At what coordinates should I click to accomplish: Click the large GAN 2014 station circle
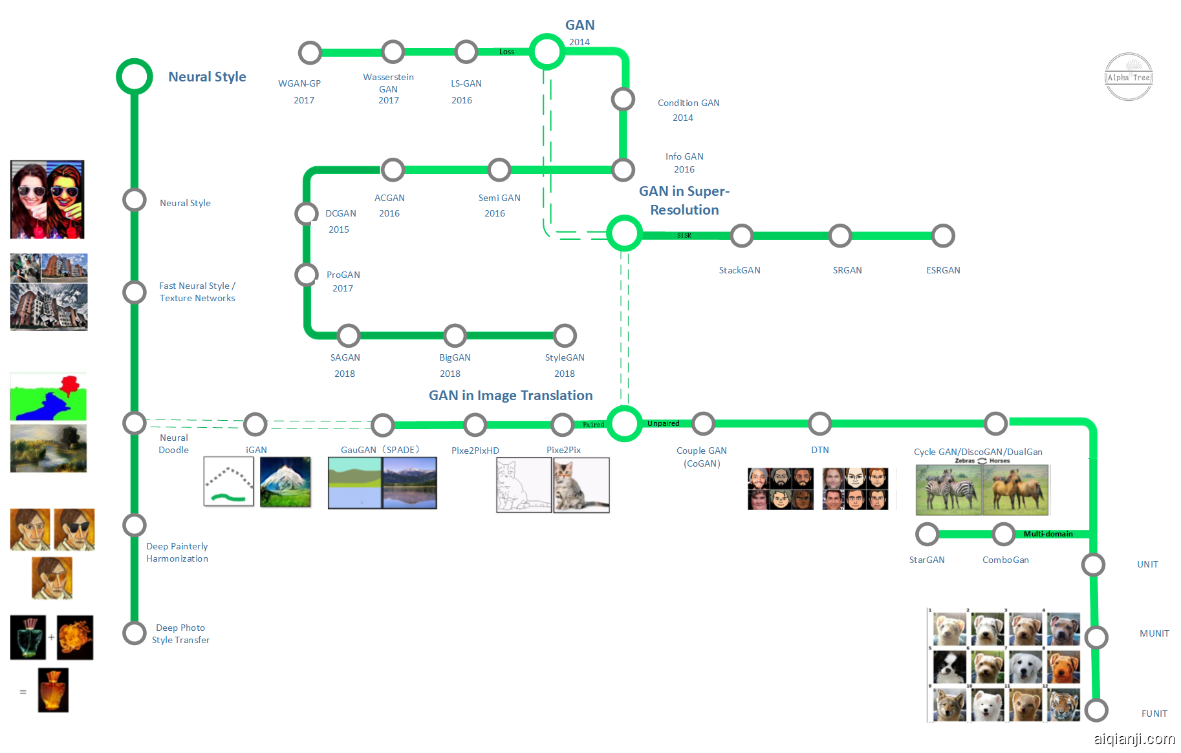[547, 52]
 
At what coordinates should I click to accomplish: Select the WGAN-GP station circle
[310, 52]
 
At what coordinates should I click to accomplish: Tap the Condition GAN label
[688, 103]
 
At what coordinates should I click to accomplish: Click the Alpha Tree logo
[1129, 77]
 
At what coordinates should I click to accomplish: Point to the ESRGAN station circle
[942, 236]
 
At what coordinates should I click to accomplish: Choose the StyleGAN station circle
[565, 335]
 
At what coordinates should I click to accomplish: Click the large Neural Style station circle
[135, 77]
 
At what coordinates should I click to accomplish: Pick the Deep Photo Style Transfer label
[180, 634]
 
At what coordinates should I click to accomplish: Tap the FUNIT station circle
[1096, 710]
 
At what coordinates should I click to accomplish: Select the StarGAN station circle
[927, 535]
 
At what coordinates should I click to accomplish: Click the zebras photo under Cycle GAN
[948, 490]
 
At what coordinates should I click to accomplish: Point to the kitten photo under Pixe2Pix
[581, 485]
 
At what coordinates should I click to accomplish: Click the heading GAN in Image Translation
[510, 396]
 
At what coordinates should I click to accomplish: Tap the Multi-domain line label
[1048, 534]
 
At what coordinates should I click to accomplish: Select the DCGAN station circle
[307, 213]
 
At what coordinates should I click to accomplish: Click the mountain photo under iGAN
[285, 482]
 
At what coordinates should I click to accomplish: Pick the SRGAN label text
[847, 270]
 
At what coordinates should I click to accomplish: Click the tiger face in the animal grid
[1063, 705]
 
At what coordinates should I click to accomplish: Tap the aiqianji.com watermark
[1134, 739]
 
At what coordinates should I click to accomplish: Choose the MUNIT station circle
[1096, 637]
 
